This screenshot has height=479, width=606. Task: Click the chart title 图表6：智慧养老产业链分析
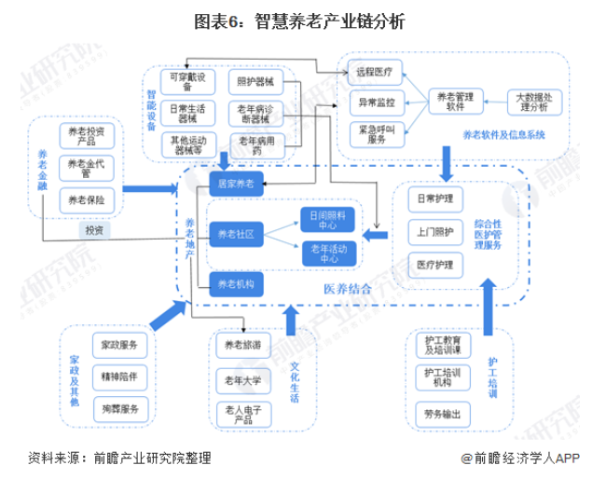pos(304,20)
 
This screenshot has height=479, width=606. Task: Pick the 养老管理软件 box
pos(455,100)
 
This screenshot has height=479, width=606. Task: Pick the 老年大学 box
pos(243,380)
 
